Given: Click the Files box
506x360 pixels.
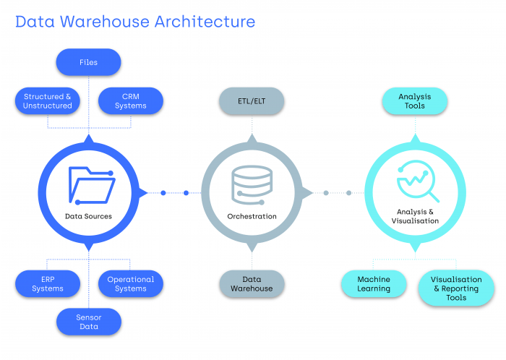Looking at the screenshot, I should pyautogui.click(x=88, y=62).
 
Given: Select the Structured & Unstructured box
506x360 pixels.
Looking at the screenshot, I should pyautogui.click(x=48, y=101).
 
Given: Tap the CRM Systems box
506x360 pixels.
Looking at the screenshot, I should pyautogui.click(x=130, y=101).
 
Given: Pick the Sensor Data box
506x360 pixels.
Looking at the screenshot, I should pyautogui.click(x=88, y=322).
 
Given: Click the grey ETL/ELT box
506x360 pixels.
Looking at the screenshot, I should pyautogui.click(x=252, y=101).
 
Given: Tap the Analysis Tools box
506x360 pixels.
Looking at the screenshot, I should pyautogui.click(x=416, y=101).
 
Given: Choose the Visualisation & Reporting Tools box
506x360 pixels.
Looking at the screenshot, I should pyautogui.click(x=456, y=288).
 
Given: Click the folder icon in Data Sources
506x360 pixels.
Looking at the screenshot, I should pyautogui.click(x=90, y=184).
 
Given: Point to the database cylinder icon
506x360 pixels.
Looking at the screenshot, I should pyautogui.click(x=252, y=184).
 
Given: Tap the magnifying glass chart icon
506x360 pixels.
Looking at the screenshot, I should pyautogui.click(x=417, y=182).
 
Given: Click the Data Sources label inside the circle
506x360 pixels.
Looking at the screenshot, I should pyautogui.click(x=88, y=216).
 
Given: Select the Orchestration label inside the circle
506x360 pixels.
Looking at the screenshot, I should pyautogui.click(x=252, y=216).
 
